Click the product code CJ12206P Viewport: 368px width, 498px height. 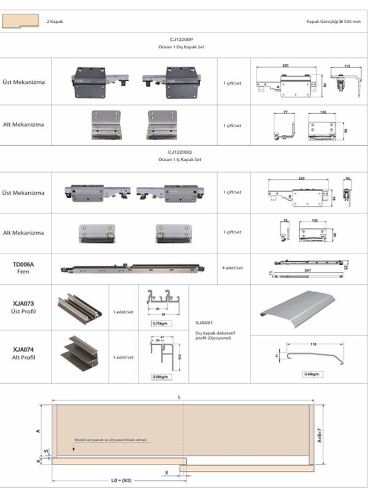181,40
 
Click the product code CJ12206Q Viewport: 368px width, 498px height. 181,153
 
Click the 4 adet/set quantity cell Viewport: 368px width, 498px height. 233,267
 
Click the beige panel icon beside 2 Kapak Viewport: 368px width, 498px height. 22,22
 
